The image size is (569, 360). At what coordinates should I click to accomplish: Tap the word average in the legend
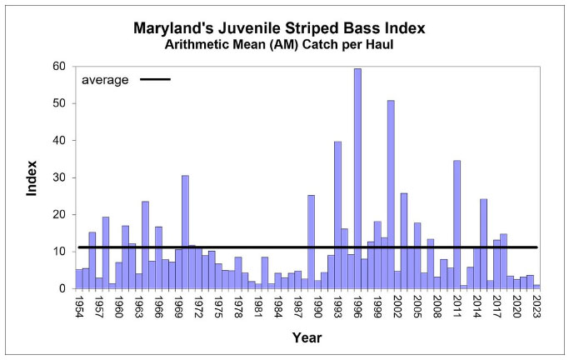[105, 80]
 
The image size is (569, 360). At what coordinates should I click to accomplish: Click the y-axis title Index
[32, 177]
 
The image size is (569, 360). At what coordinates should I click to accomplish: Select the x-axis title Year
[307, 337]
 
